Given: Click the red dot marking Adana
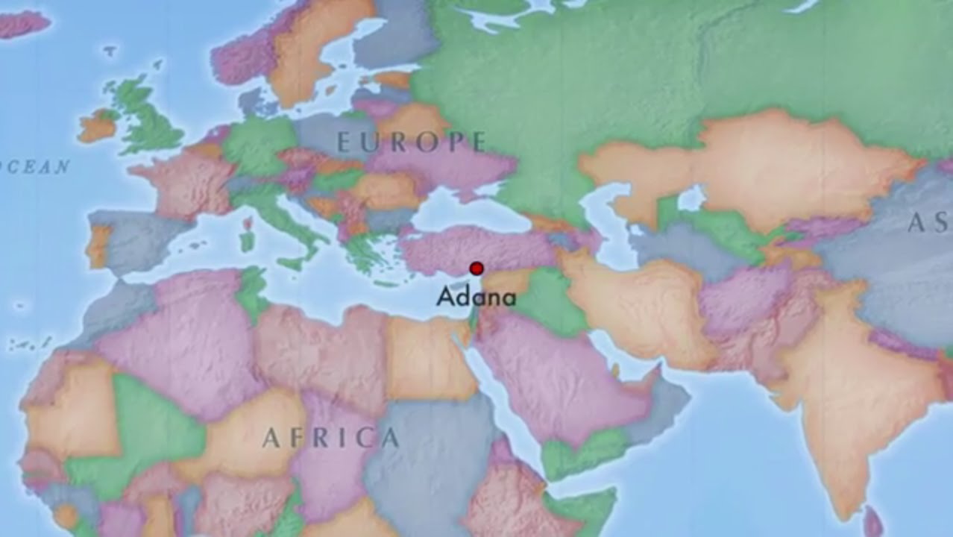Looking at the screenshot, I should tap(476, 268).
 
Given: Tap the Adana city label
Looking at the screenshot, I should tap(476, 298).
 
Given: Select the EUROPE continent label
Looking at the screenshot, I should tap(412, 142).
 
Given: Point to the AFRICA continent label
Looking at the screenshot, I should tap(330, 438).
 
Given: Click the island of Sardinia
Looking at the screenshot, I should tap(247, 241).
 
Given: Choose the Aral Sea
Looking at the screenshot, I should tap(691, 198).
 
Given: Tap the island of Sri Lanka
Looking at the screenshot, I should tap(870, 522).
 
